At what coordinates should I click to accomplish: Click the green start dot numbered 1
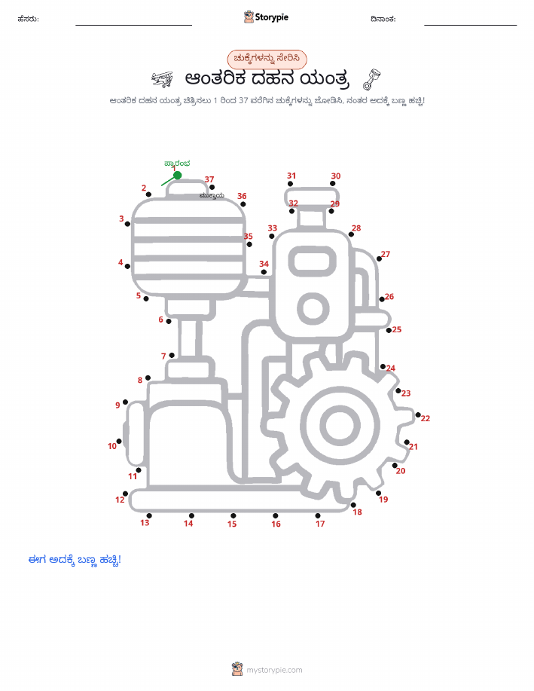tap(178, 176)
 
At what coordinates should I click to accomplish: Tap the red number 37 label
tap(209, 179)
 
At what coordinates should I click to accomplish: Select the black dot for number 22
tap(418, 414)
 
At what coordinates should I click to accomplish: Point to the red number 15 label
tap(232, 524)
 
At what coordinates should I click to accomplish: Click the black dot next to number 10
tap(119, 441)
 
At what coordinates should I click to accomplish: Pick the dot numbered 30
tap(333, 183)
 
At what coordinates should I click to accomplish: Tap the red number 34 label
tap(264, 264)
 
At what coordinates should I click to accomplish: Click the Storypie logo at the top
tap(266, 17)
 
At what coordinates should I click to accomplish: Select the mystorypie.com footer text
tap(274, 671)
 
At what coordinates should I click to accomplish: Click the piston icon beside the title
tap(371, 79)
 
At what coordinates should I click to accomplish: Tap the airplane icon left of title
tap(162, 79)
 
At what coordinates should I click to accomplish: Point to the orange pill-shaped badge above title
tap(267, 59)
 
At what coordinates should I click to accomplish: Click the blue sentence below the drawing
tap(75, 560)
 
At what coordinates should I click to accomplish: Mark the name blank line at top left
tap(133, 25)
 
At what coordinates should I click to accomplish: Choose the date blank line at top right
tap(471, 25)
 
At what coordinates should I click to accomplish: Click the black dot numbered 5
tap(146, 299)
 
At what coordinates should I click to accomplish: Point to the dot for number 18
tap(353, 505)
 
